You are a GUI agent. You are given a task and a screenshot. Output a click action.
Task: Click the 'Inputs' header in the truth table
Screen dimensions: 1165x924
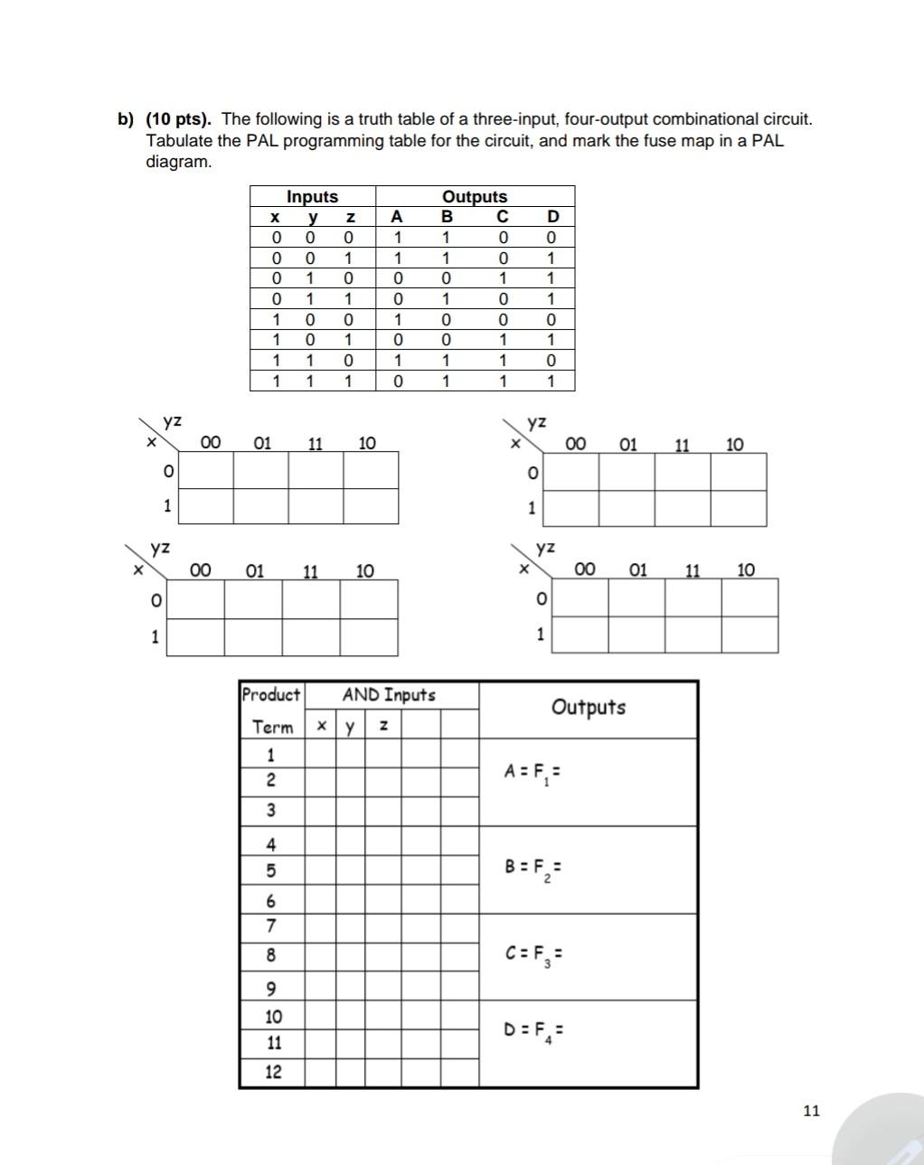312,196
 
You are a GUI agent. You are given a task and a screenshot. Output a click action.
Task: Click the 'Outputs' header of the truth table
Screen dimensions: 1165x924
475,196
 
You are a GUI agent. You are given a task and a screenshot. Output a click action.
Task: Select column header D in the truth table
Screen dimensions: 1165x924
553,216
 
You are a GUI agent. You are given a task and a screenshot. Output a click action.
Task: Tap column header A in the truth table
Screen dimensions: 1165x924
395,216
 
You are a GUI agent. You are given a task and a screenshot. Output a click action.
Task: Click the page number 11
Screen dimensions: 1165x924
811,1110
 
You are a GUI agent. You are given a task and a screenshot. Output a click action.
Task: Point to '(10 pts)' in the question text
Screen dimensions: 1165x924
178,119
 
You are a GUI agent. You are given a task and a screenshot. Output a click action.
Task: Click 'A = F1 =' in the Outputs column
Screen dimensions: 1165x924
533,773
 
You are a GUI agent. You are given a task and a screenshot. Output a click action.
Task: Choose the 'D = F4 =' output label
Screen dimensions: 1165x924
534,1030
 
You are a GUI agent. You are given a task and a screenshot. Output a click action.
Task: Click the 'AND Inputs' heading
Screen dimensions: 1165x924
389,695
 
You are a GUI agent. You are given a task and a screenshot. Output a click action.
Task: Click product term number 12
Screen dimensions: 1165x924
272,1072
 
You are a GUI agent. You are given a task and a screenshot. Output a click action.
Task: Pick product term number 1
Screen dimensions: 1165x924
270,755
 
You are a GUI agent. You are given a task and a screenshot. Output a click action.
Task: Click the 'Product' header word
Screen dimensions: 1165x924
270,695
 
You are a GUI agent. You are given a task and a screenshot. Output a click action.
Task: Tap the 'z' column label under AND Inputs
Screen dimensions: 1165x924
383,725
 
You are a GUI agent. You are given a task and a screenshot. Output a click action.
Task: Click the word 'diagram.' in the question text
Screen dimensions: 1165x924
179,163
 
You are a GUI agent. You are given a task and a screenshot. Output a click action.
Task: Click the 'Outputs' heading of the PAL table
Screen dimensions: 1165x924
589,707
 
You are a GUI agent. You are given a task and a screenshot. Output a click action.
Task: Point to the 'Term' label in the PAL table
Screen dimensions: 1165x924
272,727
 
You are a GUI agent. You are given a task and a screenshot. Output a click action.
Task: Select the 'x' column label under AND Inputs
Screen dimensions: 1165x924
321,726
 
